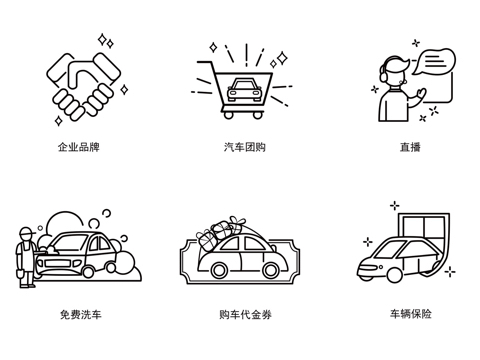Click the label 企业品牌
(79, 147)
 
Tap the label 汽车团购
(245, 147)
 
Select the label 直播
(410, 147)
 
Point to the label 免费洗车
(81, 314)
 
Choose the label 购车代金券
(245, 314)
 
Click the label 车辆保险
(411, 314)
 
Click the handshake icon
(84, 87)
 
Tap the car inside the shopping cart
(244, 89)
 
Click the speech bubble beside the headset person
(434, 61)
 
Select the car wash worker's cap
(27, 231)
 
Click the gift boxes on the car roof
(220, 232)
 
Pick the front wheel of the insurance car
(394, 275)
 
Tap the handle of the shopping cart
(204, 62)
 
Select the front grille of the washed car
(57, 264)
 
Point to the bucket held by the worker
(20, 273)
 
